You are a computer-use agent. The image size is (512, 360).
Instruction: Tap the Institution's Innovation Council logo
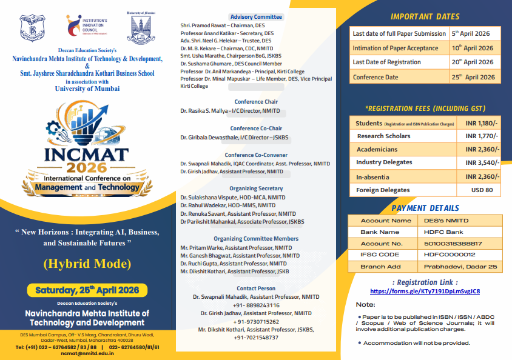[x=87, y=28]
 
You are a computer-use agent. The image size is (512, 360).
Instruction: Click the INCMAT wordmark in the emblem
[x=86, y=153]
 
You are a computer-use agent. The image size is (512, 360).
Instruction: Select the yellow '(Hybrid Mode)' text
[x=87, y=263]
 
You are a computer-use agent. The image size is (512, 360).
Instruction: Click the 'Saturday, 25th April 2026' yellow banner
[x=87, y=290]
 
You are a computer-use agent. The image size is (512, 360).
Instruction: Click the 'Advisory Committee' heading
[x=256, y=17]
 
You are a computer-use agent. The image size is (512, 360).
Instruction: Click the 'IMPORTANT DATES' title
[x=425, y=16]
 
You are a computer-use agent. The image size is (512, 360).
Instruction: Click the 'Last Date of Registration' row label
[x=386, y=62]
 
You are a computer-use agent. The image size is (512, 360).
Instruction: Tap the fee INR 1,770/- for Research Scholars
[x=482, y=136]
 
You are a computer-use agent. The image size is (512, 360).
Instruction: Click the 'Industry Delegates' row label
[x=384, y=162]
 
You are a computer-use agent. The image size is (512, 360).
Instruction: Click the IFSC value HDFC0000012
[x=446, y=255]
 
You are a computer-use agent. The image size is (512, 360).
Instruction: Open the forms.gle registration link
[x=425, y=291]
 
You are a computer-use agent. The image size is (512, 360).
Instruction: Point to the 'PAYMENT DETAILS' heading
[x=425, y=208]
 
